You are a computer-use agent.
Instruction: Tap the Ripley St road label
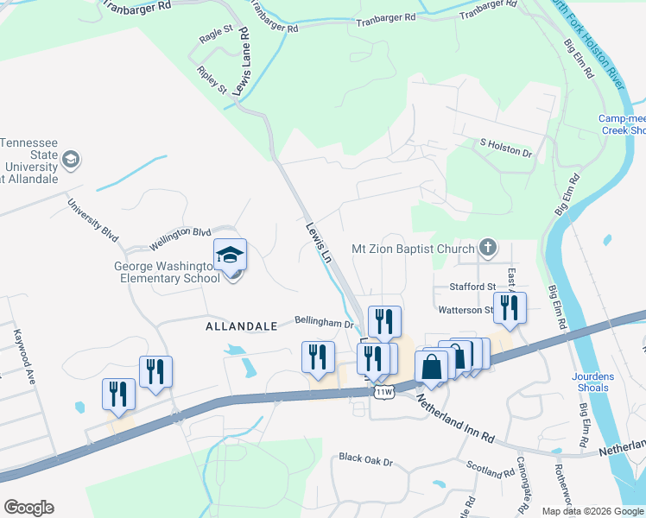point(212,79)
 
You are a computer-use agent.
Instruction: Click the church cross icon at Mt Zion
point(488,249)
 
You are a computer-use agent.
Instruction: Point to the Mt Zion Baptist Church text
point(414,249)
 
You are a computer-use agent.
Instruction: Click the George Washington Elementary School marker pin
point(231,256)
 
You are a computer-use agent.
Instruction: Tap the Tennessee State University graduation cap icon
point(70,160)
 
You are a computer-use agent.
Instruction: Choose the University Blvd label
point(92,221)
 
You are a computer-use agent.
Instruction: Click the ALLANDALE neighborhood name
point(241,326)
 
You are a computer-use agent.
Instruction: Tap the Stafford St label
point(472,287)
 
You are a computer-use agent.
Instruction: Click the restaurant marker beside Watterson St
point(510,308)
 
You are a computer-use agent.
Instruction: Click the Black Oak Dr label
point(366,458)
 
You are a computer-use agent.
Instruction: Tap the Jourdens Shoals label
point(591,382)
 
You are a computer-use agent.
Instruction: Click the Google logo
point(28,508)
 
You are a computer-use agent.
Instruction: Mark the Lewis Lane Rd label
point(245,60)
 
